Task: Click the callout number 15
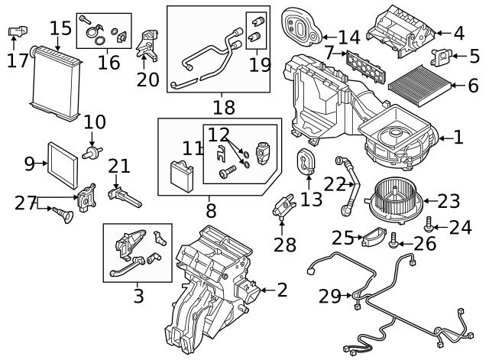pyautogui.click(x=60, y=29)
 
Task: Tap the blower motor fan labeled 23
pyautogui.click(x=394, y=200)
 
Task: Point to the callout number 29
pyautogui.click(x=330, y=297)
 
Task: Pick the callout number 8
pyautogui.click(x=211, y=209)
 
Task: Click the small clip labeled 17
pyautogui.click(x=16, y=32)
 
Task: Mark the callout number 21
pyautogui.click(x=119, y=165)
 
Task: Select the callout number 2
pyautogui.click(x=282, y=290)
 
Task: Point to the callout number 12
pyautogui.click(x=219, y=135)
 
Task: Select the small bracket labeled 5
pyautogui.click(x=441, y=57)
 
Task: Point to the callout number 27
pyautogui.click(x=25, y=203)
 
